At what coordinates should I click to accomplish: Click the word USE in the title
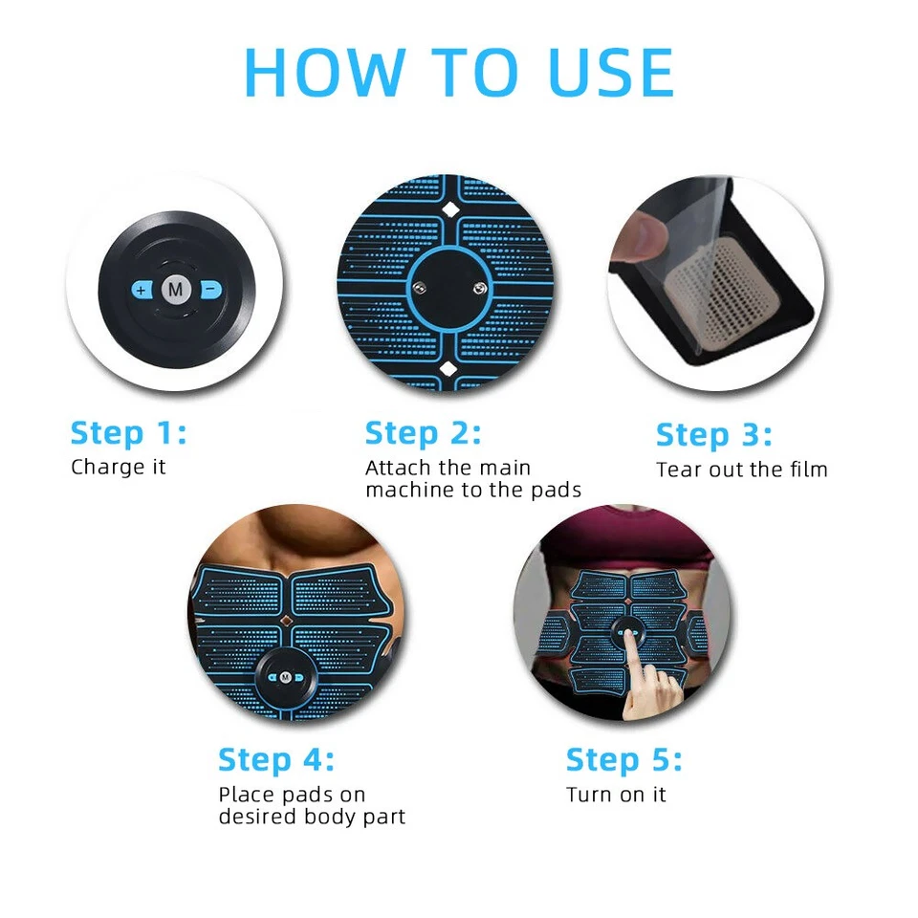pos(602,72)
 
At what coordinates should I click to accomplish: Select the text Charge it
pos(119,468)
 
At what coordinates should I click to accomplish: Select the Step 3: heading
pos(714,434)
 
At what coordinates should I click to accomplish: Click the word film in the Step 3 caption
pos(807,470)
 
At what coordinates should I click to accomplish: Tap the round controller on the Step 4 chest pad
pos(284,676)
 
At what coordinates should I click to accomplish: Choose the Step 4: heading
pos(276,760)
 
